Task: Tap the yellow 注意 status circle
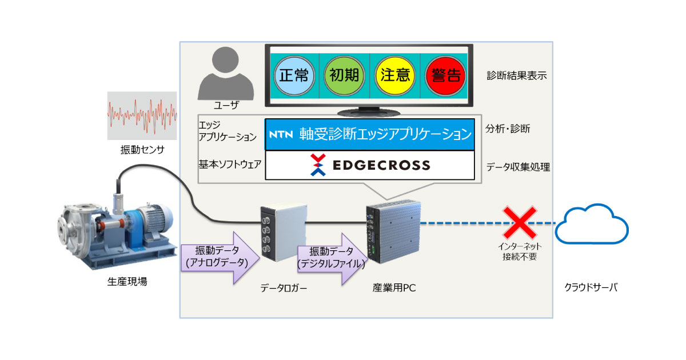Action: click(x=395, y=76)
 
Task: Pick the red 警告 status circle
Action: click(x=446, y=76)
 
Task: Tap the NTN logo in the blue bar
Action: click(x=281, y=135)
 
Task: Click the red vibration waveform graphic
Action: click(x=142, y=114)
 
